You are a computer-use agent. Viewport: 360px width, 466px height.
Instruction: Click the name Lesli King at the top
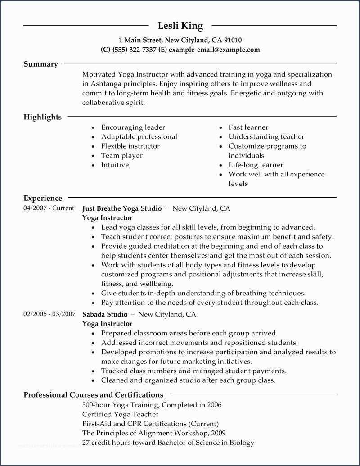pos(180,26)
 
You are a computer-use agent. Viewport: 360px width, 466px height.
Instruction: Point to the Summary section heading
pos(40,64)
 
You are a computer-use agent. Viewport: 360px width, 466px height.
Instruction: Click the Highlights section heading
pos(42,117)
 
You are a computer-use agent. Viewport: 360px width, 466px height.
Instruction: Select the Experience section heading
pos(43,198)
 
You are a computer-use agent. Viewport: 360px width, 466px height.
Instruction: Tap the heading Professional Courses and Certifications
pos(93,395)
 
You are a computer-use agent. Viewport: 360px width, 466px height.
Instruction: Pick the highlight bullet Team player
pos(121,155)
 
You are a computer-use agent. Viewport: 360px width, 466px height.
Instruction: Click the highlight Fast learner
pos(248,127)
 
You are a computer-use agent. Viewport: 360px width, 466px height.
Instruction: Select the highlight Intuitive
pos(115,165)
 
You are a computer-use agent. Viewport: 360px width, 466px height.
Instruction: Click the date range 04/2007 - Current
pos(49,208)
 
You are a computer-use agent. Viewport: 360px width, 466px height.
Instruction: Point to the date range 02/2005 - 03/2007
pos(49,314)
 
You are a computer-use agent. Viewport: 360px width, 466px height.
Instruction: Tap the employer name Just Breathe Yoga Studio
pos(122,208)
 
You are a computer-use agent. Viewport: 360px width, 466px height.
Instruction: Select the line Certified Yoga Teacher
pos(120,414)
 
